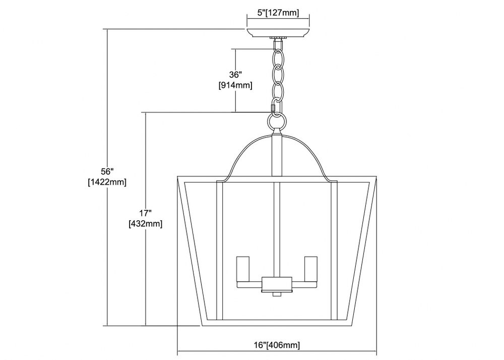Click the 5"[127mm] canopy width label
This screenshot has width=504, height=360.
[278, 13]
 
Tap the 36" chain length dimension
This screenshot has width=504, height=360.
[235, 75]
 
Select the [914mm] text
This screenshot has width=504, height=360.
[235, 86]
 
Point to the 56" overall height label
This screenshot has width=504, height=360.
[108, 171]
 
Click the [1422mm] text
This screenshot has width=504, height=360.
[107, 182]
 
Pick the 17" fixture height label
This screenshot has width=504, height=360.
[145, 213]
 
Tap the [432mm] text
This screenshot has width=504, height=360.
[145, 224]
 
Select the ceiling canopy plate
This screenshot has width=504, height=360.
[278, 33]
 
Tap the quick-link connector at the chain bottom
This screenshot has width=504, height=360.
[274, 105]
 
